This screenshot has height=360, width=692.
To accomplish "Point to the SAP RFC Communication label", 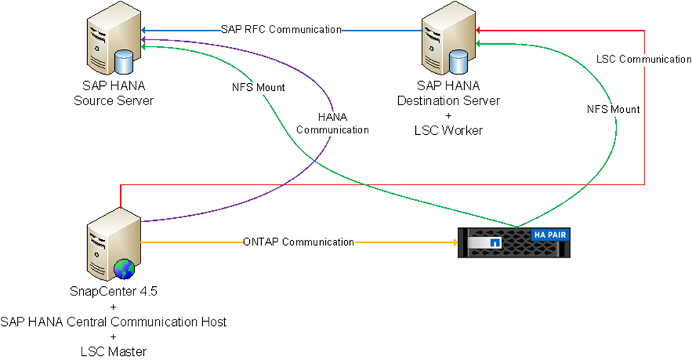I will tap(281, 30).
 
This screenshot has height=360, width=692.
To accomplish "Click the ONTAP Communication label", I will tap(298, 242).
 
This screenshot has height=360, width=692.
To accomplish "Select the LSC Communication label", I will tap(644, 60).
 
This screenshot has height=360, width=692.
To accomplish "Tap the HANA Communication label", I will tap(332, 124).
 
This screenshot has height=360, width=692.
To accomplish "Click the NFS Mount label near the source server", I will tap(258, 87).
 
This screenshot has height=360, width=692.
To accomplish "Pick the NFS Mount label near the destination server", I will tap(613, 109).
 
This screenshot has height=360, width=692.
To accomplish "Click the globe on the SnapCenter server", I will tap(123, 269).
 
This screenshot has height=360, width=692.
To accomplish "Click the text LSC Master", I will tap(114, 351).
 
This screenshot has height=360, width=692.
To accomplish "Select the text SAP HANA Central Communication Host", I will tap(114, 322).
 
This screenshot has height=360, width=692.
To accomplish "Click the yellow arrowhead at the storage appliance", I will tap(454, 242).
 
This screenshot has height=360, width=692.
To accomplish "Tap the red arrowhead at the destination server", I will tap(479, 30).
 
